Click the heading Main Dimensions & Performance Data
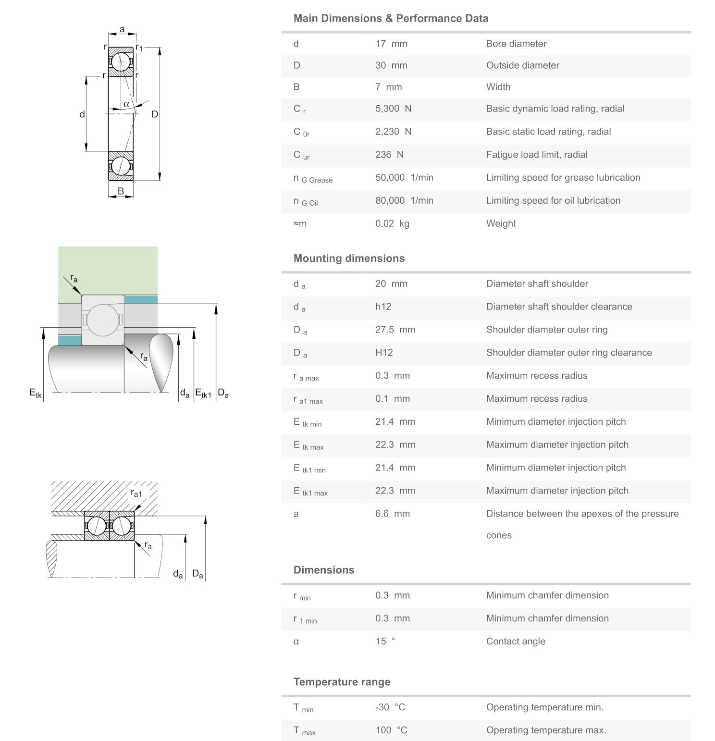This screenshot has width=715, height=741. tap(391, 18)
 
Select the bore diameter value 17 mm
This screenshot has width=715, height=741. tap(391, 44)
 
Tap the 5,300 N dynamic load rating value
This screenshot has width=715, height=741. tap(393, 109)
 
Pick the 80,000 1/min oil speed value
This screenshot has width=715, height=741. tap(404, 200)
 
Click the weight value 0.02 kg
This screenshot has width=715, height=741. tap(392, 223)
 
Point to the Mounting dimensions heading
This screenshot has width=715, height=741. tap(349, 258)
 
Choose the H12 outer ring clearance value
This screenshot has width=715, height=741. tap(384, 353)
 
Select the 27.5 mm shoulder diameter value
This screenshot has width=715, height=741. tap(394, 330)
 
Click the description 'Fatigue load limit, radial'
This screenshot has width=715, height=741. tap(536, 155)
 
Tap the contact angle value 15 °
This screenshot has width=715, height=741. tap(385, 642)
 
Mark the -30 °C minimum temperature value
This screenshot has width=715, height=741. tap(390, 707)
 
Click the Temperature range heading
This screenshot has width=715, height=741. tap(342, 682)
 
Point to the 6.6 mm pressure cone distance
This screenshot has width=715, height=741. tap(392, 514)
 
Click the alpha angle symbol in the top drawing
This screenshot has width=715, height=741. tap(126, 104)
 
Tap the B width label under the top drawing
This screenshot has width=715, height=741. tap(121, 191)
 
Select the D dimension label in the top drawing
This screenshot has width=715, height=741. tap(155, 114)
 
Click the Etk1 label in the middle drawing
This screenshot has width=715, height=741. tap(203, 393)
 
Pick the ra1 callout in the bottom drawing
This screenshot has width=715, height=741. tap(136, 494)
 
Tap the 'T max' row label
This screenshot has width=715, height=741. tap(304, 731)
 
